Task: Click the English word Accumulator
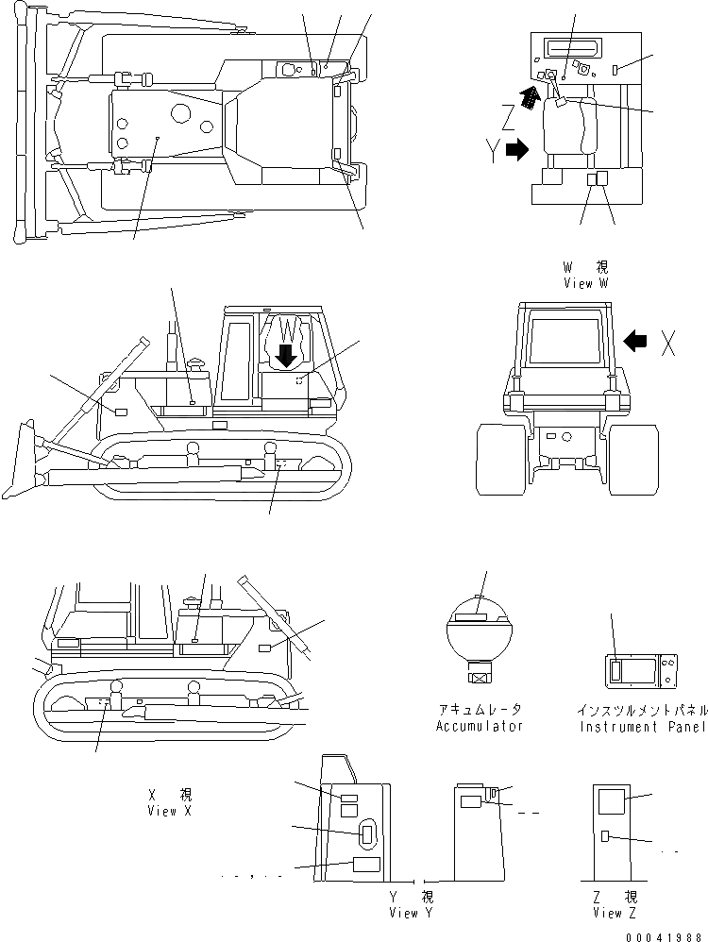479,726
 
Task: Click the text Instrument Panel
642,726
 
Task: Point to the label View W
586,282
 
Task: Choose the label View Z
614,913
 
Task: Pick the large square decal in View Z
613,801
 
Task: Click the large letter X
667,345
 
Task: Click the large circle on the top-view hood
180,114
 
